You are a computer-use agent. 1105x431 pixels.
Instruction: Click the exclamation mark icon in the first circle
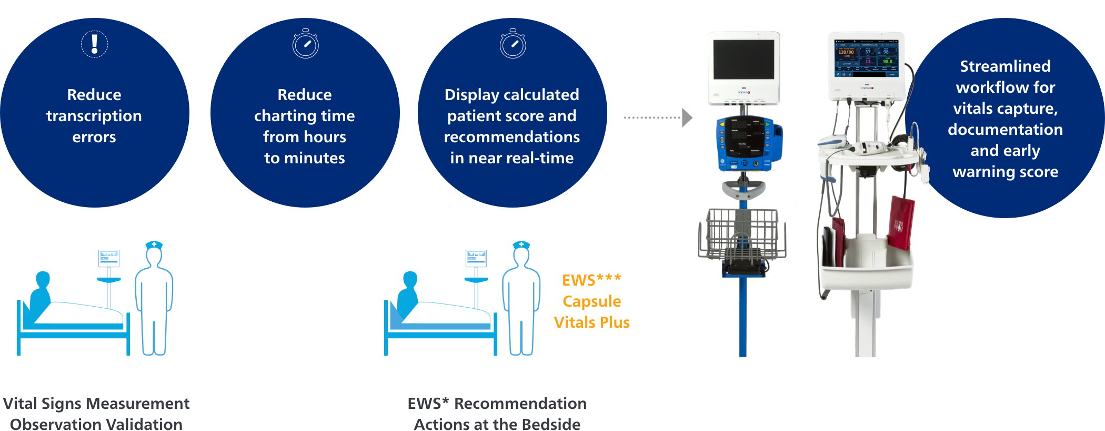[x=95, y=44]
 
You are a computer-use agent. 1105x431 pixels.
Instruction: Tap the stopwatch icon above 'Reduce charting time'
[x=306, y=44]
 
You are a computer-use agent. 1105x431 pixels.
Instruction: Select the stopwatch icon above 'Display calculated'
[x=513, y=44]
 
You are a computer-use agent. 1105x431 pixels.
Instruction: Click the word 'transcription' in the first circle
[x=94, y=116]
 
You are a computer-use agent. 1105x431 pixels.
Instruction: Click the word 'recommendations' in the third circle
[x=512, y=137]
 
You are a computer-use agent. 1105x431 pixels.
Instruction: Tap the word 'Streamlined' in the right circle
[x=1005, y=66]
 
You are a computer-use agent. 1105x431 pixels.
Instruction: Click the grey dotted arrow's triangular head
[x=687, y=117]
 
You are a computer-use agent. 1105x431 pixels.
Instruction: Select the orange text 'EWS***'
[x=591, y=280]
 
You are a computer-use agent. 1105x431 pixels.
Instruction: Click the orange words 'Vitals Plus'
[x=591, y=322]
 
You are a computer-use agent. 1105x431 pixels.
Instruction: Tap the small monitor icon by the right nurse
[x=476, y=258]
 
